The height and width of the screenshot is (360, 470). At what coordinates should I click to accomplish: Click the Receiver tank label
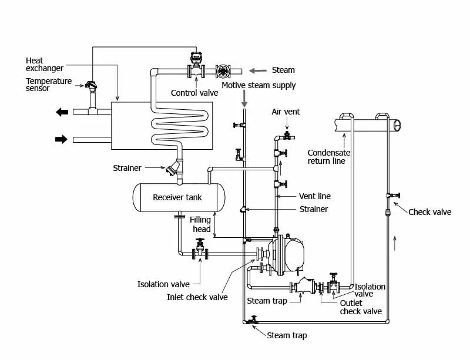coord(177,197)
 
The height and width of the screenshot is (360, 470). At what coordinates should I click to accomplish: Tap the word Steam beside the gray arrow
coord(283,70)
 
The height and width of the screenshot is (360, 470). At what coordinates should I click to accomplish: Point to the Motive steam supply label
coord(258,86)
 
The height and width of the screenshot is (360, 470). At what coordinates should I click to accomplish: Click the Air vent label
coord(286,112)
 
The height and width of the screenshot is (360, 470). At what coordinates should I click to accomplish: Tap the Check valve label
coord(430,212)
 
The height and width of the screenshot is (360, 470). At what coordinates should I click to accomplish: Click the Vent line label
coord(315,196)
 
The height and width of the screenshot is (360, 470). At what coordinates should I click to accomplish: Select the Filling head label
coord(200,224)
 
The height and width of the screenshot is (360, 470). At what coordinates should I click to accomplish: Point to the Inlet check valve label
coord(197,297)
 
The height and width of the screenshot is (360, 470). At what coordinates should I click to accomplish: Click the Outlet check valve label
coord(361,307)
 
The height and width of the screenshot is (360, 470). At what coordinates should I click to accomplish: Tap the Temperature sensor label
coord(49,85)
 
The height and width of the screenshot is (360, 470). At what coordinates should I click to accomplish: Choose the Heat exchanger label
coord(44,65)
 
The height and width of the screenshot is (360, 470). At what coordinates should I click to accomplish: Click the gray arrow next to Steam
coord(256,70)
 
